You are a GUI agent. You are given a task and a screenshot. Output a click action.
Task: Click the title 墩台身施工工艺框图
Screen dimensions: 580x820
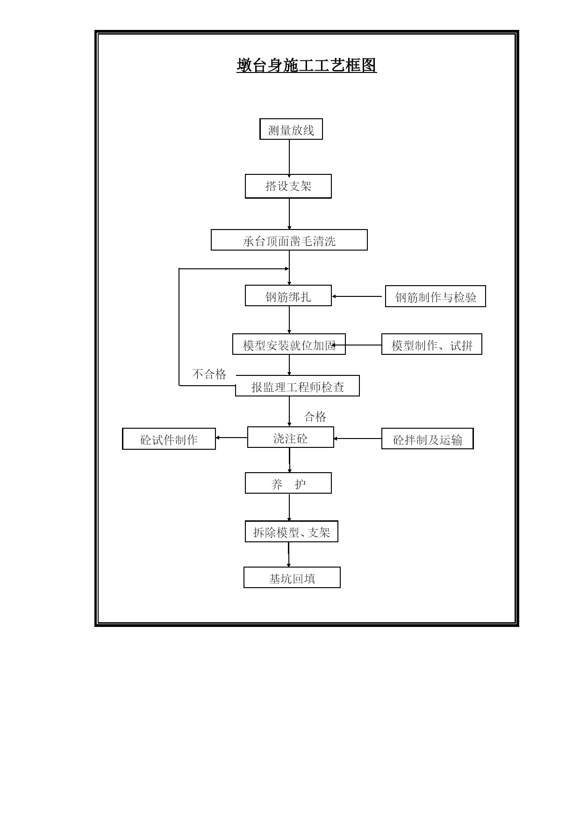coord(307,65)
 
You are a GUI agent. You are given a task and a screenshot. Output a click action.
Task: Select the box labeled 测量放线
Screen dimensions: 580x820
coord(291,129)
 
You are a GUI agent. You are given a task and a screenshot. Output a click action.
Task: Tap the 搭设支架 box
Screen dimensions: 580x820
coord(288,186)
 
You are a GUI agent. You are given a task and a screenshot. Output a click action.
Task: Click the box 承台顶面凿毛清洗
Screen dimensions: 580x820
coord(289,240)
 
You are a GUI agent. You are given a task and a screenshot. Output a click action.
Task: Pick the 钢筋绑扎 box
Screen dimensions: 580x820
coord(288,295)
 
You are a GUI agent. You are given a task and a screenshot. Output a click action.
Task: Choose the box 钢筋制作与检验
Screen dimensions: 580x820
coord(436,296)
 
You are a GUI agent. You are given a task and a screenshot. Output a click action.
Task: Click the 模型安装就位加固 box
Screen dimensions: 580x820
coord(289,344)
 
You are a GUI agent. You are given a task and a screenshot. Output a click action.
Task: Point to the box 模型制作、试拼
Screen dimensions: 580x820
coord(432,344)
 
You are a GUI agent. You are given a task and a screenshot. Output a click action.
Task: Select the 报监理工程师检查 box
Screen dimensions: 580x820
coord(297,386)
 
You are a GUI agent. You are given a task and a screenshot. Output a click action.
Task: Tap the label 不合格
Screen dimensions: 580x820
coord(209,374)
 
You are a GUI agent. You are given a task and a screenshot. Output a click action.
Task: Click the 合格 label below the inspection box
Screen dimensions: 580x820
coord(315,417)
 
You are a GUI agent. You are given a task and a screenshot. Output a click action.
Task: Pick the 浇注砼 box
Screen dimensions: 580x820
coord(291,437)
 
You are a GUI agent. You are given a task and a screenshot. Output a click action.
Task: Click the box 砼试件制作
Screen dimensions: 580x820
coord(169,439)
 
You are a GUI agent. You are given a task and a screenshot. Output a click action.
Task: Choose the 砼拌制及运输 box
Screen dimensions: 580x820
coord(428,439)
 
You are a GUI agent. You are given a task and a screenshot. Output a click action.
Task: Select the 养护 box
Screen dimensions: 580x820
coord(288,483)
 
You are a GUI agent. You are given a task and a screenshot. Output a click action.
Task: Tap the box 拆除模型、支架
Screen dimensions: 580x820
coord(292,532)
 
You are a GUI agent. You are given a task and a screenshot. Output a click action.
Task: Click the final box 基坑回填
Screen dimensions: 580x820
coord(292,577)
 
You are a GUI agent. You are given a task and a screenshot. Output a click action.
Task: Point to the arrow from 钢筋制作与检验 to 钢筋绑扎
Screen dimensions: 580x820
coord(357,296)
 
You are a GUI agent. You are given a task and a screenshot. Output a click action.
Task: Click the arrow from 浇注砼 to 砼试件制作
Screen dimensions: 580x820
coord(231,438)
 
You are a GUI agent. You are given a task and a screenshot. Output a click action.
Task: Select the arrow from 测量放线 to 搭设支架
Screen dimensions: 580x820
coord(289,158)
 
